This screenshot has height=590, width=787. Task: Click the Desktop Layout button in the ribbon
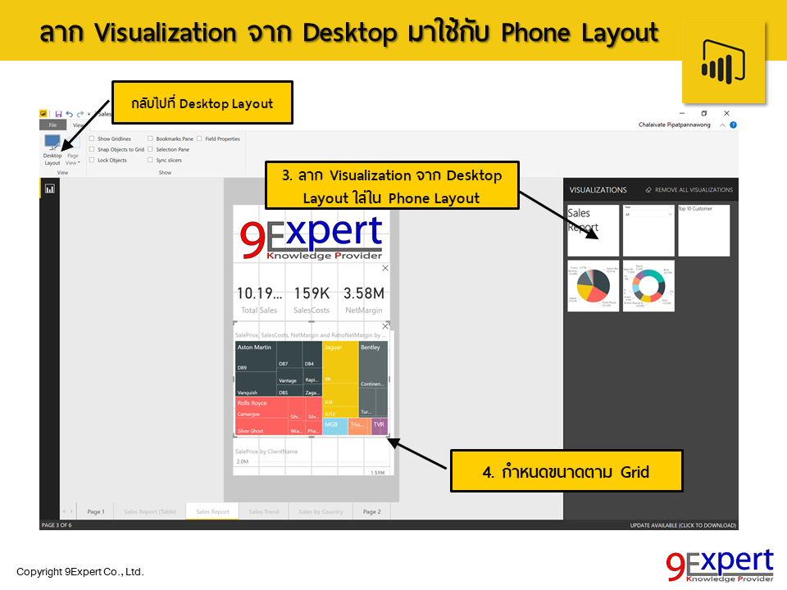52,148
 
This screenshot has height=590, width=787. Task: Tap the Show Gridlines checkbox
92,139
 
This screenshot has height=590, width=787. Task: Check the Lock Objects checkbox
92,161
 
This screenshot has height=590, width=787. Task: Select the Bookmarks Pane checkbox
150,139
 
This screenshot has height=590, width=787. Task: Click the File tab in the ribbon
52,125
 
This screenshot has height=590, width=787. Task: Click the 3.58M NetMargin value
363,293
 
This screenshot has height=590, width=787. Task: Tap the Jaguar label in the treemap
334,347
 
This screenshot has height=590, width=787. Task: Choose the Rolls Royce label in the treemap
252,403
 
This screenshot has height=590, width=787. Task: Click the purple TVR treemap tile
379,425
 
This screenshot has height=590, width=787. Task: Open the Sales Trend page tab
264,511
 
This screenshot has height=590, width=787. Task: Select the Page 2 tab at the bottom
371,511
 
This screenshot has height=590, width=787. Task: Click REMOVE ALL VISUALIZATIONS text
694,190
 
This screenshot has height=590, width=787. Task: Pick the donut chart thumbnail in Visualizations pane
648,286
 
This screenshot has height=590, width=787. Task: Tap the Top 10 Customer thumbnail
703,230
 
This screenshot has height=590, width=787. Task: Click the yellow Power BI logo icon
722,63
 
